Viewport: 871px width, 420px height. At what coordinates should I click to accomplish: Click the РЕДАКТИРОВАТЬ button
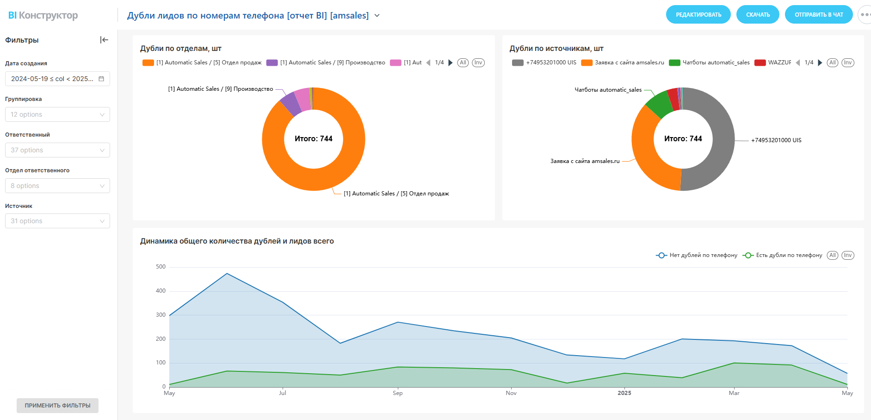(x=698, y=15)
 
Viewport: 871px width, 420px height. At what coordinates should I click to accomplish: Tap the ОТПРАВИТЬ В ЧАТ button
(x=818, y=15)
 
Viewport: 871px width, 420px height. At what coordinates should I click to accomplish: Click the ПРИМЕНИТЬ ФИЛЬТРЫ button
(x=57, y=405)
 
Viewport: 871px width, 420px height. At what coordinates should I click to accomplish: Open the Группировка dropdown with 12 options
(x=57, y=114)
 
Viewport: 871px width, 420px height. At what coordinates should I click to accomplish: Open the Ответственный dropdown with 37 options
(x=57, y=150)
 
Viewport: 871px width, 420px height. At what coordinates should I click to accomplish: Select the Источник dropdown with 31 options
(x=57, y=221)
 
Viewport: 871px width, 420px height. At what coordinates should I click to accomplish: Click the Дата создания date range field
(x=57, y=79)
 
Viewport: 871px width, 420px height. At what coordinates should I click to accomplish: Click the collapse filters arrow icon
(x=104, y=40)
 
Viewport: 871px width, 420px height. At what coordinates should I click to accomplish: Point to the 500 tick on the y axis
(x=161, y=267)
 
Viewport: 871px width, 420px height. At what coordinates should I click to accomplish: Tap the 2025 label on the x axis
(x=624, y=393)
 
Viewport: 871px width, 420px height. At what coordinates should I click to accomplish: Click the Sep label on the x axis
(x=397, y=393)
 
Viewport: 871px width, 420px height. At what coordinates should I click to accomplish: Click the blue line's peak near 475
(x=227, y=274)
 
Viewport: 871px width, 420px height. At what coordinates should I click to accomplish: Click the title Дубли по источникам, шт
(x=556, y=49)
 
